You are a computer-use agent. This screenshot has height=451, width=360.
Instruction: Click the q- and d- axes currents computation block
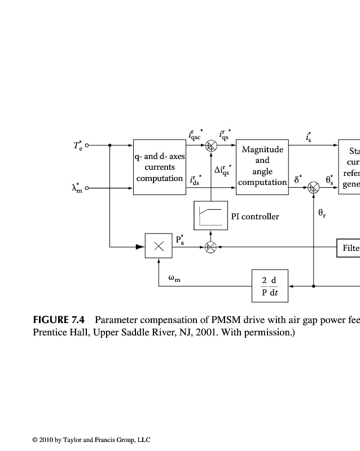coord(160,167)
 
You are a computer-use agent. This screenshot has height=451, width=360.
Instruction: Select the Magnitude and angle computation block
coord(262,166)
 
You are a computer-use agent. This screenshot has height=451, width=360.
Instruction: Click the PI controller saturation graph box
coord(210,215)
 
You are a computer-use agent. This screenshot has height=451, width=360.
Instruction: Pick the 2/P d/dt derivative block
coord(269,286)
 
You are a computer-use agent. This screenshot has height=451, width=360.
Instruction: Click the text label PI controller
coord(255,216)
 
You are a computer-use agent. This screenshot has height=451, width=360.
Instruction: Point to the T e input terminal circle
coord(87,145)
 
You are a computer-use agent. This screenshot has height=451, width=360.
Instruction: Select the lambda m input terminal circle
coord(87,188)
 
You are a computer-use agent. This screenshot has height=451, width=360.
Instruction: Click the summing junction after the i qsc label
coord(210,145)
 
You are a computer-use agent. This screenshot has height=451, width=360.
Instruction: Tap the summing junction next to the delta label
coord(313,188)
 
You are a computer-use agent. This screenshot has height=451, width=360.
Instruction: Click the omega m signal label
coord(174,278)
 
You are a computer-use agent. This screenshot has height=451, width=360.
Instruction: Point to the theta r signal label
coord(322,214)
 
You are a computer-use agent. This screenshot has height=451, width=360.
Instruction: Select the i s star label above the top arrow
coord(308,136)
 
